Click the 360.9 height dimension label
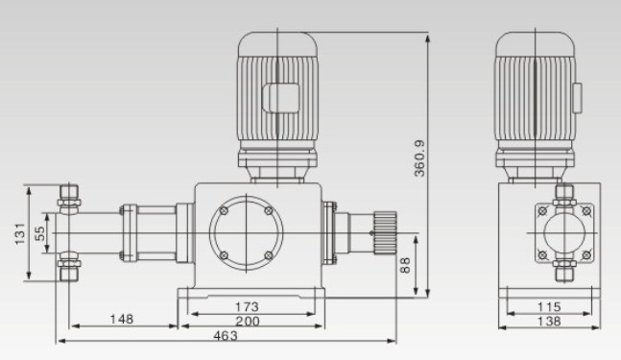pyautogui.click(x=419, y=158)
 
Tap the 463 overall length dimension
pyautogui.click(x=226, y=336)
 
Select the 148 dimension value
pyautogui.click(x=122, y=320)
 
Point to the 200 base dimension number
pyautogui.click(x=248, y=322)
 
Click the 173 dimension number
pyautogui.click(x=247, y=307)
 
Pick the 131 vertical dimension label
pyautogui.click(x=20, y=233)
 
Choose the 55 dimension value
pyautogui.click(x=39, y=233)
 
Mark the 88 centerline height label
pyautogui.click(x=405, y=265)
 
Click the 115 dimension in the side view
pyautogui.click(x=549, y=307)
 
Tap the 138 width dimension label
pyautogui.click(x=549, y=322)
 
